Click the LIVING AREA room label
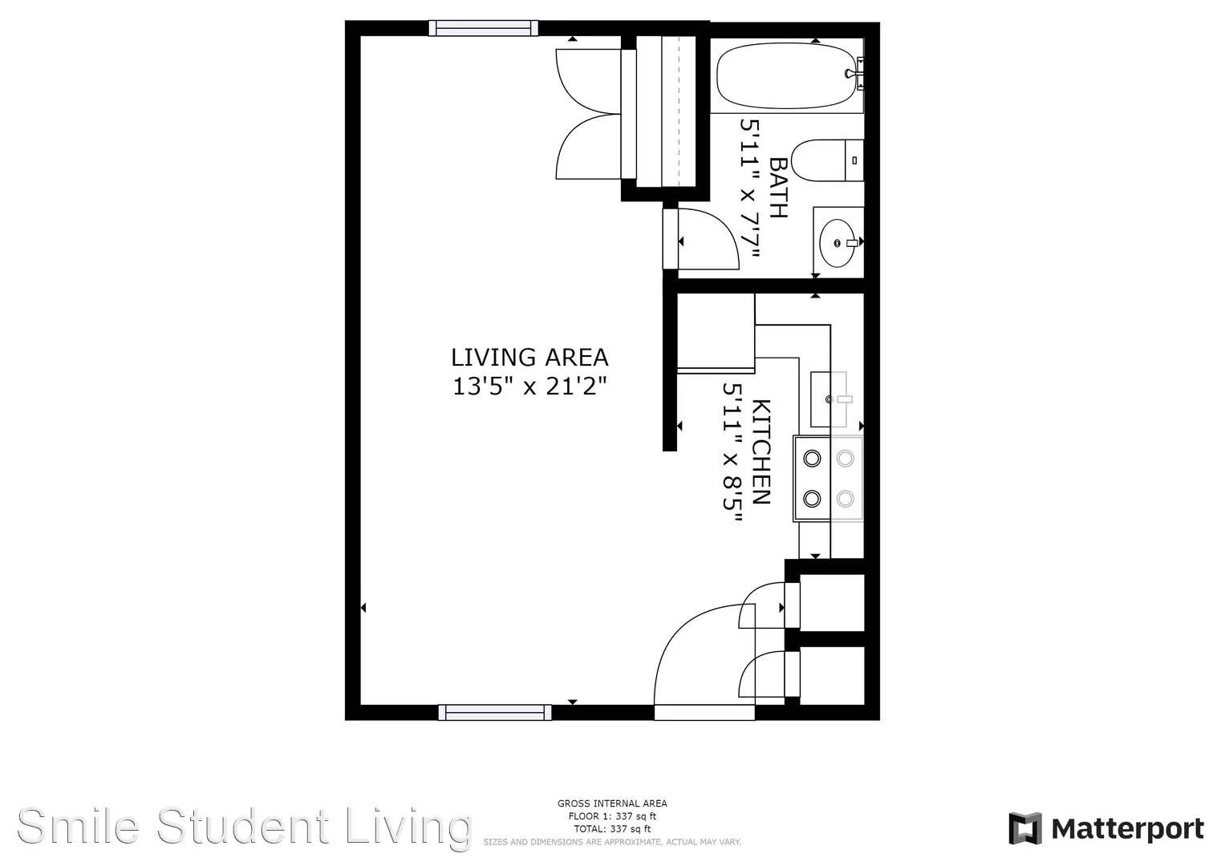tap(529, 358)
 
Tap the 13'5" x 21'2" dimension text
tap(529, 386)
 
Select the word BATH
tap(778, 188)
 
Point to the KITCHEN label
tap(762, 452)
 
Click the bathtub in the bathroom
tap(786, 76)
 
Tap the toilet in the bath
tap(827, 160)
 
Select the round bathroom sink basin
tap(838, 243)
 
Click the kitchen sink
tap(829, 399)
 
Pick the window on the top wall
tap(484, 28)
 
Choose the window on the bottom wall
tap(495, 712)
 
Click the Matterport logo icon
tap(1024, 828)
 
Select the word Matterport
tap(1128, 829)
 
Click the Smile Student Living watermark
tap(244, 827)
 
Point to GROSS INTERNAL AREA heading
tap(612, 803)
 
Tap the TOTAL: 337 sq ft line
tap(612, 828)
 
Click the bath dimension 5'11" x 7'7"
tap(750, 188)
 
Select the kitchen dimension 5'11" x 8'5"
tap(732, 453)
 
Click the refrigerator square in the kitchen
tap(716, 333)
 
